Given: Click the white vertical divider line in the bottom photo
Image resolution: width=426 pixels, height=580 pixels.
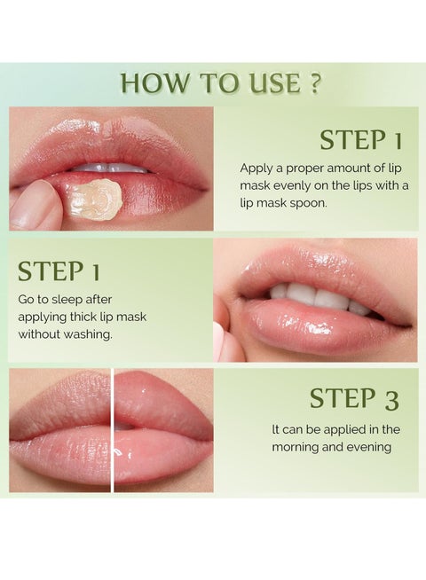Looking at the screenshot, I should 113,429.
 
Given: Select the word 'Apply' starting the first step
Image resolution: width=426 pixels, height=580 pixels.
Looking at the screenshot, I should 256,167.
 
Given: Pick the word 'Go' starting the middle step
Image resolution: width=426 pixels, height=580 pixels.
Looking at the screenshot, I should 28,301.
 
